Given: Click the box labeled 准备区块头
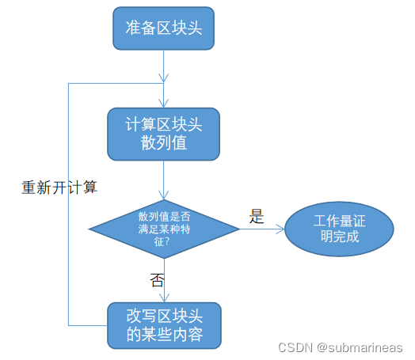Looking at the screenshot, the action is (164, 28).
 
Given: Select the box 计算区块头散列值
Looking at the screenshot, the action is (164, 134).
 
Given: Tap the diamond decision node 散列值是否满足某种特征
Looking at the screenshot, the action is (164, 229).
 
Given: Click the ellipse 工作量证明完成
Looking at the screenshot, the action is (339, 229).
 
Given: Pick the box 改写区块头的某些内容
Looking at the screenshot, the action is (164, 326).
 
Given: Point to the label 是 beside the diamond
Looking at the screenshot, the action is (256, 216).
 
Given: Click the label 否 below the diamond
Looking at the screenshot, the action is (157, 280).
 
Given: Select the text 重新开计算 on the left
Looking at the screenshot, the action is (59, 188).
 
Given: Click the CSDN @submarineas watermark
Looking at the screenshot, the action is (341, 347).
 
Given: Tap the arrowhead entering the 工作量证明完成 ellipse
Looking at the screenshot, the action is (281, 229).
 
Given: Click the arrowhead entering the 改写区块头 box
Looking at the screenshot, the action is (165, 298).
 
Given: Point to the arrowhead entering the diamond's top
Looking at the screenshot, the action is (164, 195).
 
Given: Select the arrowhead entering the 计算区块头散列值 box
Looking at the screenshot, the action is (164, 104).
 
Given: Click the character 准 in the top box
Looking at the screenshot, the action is (133, 28).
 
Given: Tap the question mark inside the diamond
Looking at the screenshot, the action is (167, 241).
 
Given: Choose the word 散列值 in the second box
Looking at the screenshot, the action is (164, 142).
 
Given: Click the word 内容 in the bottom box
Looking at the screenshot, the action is (188, 334).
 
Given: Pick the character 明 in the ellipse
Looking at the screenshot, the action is (328, 237).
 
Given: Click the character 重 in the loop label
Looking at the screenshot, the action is (29, 188).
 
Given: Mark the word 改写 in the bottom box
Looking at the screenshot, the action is (141, 316).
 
